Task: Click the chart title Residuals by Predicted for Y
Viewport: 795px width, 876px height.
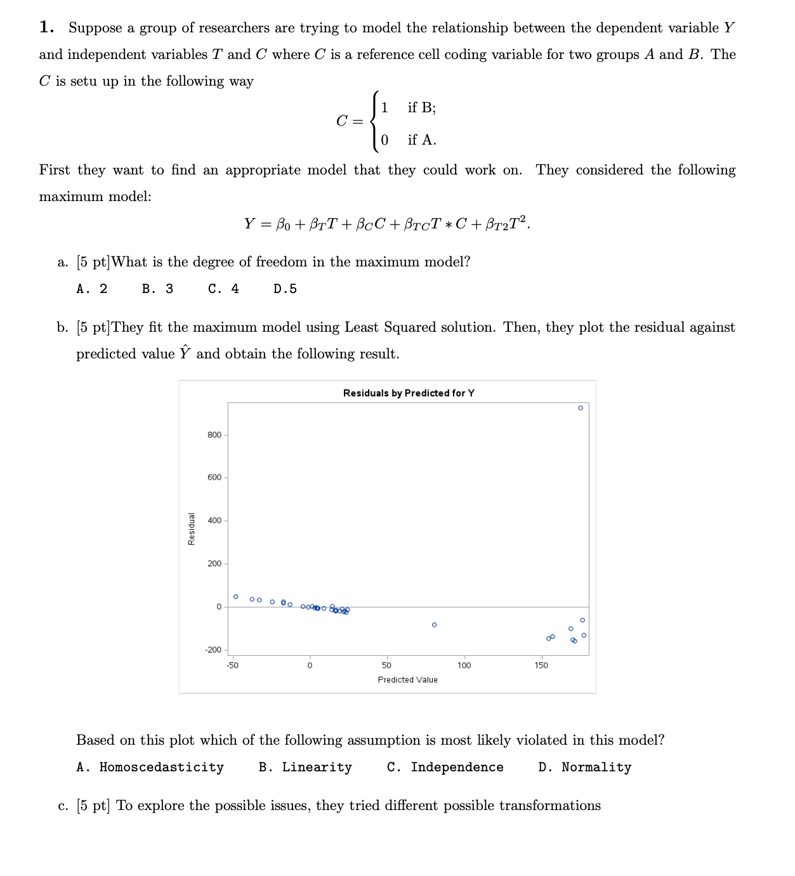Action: pos(409,393)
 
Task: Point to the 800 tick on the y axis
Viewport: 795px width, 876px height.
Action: pos(214,435)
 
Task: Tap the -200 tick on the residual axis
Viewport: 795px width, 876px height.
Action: pos(213,650)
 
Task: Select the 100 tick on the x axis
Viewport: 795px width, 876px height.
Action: pos(464,665)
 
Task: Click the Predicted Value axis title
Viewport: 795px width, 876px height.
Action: pos(407,680)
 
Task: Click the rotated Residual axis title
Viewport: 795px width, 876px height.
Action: pos(192,528)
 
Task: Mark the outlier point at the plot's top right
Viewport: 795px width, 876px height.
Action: pos(581,408)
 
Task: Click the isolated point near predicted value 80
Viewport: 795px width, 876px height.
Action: pos(434,625)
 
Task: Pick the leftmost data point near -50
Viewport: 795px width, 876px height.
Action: pos(236,597)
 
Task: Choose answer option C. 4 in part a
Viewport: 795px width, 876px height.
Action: pos(223,289)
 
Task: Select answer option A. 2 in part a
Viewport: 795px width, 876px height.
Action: pos(92,289)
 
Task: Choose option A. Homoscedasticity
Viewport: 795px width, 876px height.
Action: pos(150,768)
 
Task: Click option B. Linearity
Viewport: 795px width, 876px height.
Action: pos(305,768)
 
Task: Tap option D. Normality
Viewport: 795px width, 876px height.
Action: pos(584,768)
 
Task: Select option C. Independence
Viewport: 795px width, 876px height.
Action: pos(445,768)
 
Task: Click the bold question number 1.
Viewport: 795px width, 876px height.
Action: pos(46,27)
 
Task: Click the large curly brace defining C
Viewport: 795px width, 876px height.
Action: pos(375,121)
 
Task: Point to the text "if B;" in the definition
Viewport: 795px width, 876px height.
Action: pos(422,108)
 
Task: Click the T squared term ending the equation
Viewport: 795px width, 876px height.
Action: pos(518,223)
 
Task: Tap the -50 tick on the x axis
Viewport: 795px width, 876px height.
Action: pos(233,665)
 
